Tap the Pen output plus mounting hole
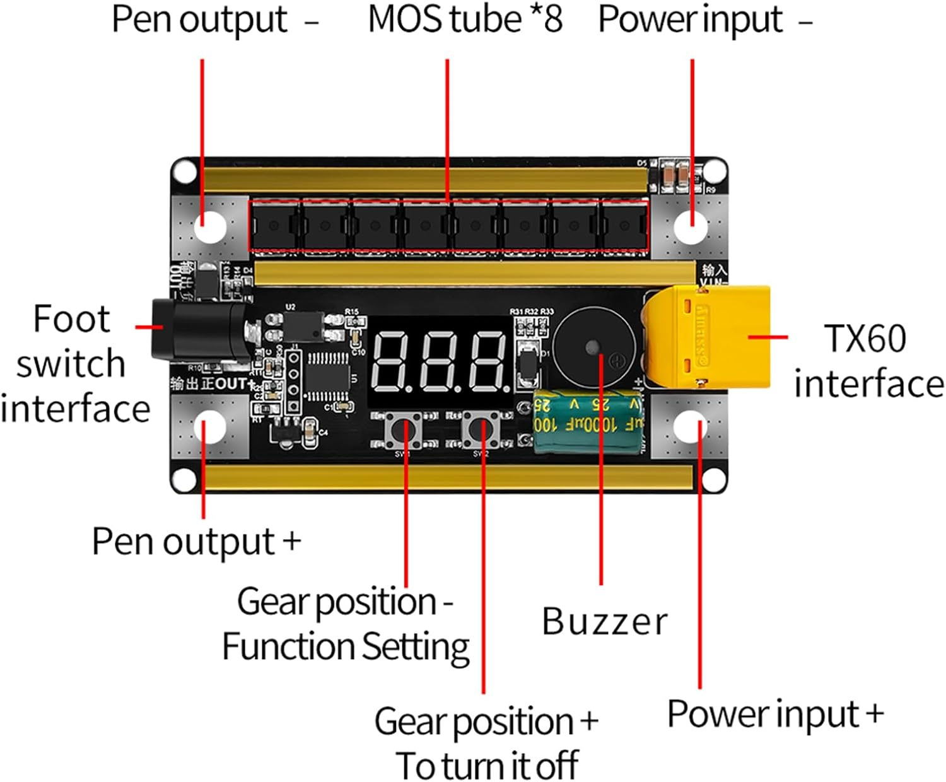click(x=210, y=427)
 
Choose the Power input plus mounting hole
click(x=691, y=427)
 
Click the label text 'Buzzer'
click(x=604, y=622)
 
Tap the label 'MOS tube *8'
click(x=465, y=20)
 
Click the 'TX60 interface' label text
click(x=867, y=361)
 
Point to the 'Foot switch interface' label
click(x=74, y=364)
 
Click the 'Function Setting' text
click(x=346, y=647)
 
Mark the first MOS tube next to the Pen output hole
click(x=275, y=226)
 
